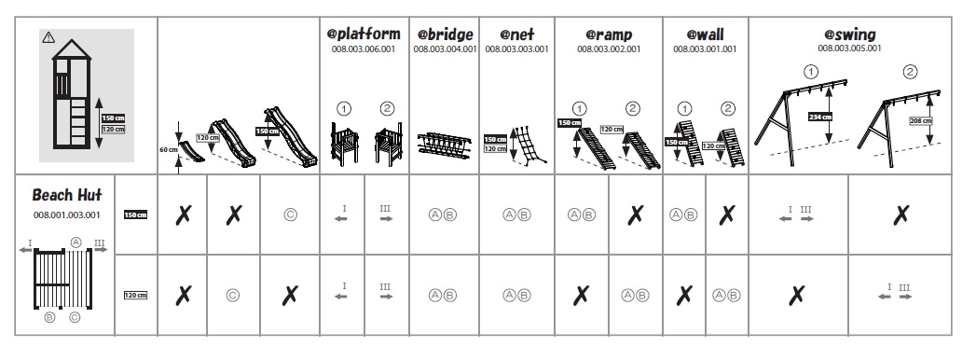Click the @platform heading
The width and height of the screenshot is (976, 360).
coord(364,33)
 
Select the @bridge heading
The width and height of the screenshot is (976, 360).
coord(445,34)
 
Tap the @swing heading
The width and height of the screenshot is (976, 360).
coord(849,35)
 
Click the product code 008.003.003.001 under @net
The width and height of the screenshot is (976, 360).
coord(516,49)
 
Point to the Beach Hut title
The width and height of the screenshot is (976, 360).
coord(66,195)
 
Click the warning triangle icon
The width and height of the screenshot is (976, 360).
coord(48,37)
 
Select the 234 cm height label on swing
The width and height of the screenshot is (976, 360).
coord(820,117)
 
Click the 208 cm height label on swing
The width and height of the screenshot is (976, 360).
coord(921,121)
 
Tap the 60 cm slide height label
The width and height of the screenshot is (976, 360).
coord(168,149)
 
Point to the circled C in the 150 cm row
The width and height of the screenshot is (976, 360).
coord(290,215)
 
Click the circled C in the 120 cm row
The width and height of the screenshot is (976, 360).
coord(232,296)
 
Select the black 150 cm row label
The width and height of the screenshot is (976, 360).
coord(136,215)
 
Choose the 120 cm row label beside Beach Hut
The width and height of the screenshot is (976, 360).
coord(136,296)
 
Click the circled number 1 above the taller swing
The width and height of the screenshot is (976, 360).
coord(810,72)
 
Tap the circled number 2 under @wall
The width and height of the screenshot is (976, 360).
coord(728,109)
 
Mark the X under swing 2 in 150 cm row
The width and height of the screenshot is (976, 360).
coord(900,215)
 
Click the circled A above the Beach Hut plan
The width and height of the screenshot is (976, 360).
coord(76,242)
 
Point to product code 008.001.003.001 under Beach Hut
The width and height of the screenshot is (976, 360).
coord(66,215)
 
